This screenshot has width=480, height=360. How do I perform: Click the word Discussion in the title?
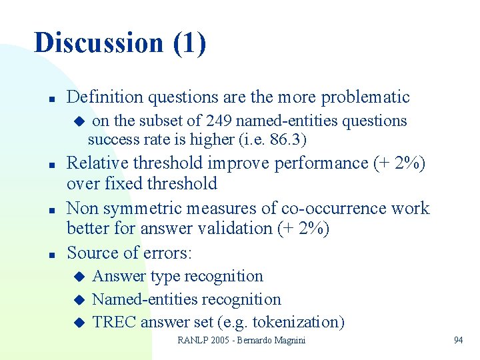98,43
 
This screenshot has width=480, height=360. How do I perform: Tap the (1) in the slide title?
189,43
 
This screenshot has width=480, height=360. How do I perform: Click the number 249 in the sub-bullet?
219,121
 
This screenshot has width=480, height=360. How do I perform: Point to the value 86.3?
288,140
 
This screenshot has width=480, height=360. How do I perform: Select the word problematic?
365,97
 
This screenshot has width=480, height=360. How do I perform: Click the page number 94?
458,341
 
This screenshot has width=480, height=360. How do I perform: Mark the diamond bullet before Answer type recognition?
79,277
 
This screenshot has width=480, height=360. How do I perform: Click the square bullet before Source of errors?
51,254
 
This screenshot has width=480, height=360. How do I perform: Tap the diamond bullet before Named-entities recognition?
79,300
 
